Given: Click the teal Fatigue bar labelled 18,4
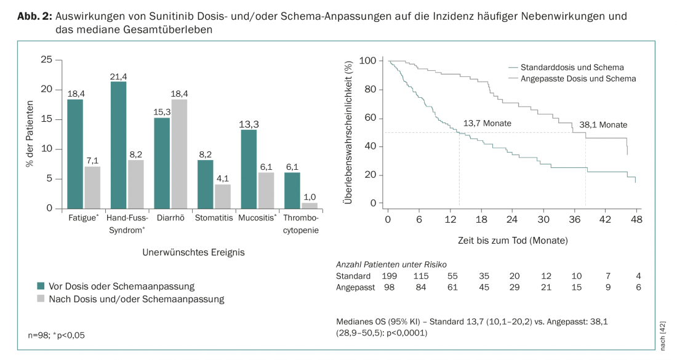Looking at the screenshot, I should (x=75, y=154).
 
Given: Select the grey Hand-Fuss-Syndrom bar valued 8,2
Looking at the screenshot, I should (x=135, y=184).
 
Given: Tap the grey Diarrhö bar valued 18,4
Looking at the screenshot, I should (x=179, y=154).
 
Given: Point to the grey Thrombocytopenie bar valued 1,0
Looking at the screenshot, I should (x=310, y=206).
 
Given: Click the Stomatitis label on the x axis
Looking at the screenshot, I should (x=214, y=218).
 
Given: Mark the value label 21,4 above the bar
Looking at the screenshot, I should (x=118, y=76).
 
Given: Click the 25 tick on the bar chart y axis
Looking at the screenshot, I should (x=46, y=60).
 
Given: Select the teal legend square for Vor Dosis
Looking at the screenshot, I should (x=41, y=286).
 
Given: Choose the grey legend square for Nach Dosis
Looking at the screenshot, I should (x=41, y=300).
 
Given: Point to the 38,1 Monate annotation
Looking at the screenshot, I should (x=603, y=125).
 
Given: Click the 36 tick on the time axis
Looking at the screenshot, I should (x=574, y=219).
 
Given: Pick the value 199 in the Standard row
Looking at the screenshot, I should (x=388, y=276).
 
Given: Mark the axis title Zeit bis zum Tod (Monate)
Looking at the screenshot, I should (x=512, y=239).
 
